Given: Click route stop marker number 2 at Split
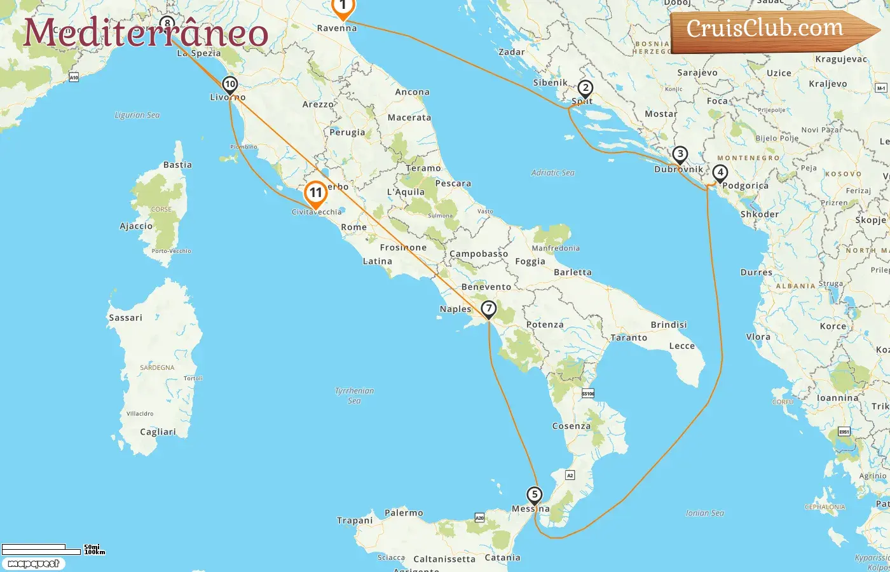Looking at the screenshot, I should coord(585,89).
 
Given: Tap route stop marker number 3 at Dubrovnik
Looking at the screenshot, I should coord(680,154).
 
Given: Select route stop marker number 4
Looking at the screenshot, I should coord(720,173).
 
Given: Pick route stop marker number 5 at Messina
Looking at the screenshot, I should coord(535,495).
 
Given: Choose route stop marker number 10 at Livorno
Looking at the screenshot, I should coord(229,85).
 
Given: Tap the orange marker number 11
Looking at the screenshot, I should coord(316,193).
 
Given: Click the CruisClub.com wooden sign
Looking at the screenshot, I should coord(772,30).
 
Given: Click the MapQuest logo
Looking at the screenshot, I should coord(33,564).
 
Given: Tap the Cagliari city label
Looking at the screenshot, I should coord(158,432).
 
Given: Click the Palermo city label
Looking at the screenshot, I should coord(404,513).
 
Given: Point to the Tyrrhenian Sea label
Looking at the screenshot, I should coord(355,395).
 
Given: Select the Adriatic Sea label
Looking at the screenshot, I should coord(552,173).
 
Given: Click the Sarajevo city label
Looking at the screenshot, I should coord(697,73).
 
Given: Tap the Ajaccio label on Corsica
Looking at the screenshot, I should coord(136,226).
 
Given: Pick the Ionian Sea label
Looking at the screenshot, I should coord(704,513).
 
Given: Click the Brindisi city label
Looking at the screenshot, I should coord(668,325).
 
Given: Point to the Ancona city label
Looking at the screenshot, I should coord(412,92).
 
